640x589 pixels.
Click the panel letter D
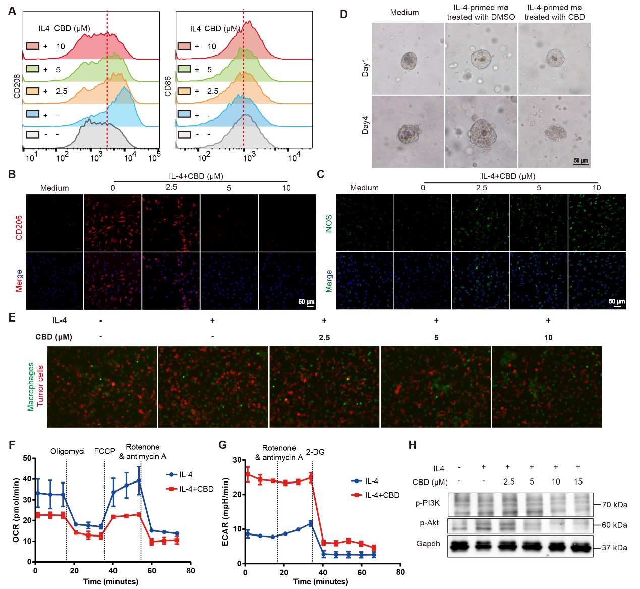tap(343, 14)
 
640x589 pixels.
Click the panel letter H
tap(412, 445)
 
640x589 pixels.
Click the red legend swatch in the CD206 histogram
tap(33, 46)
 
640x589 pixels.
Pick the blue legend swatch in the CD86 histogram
tap(184, 114)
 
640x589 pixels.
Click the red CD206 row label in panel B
tap(19, 227)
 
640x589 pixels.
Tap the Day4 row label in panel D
tap(365, 125)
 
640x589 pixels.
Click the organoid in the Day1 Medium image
tap(408, 62)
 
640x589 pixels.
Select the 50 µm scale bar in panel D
tap(580, 162)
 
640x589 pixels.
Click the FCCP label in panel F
tap(104, 451)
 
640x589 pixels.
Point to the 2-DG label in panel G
tap(315, 452)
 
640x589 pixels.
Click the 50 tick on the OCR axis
tap(27, 458)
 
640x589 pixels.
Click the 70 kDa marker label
tap(614, 504)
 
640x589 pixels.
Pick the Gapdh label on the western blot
tap(428, 544)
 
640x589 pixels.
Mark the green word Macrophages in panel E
tap(31, 387)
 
